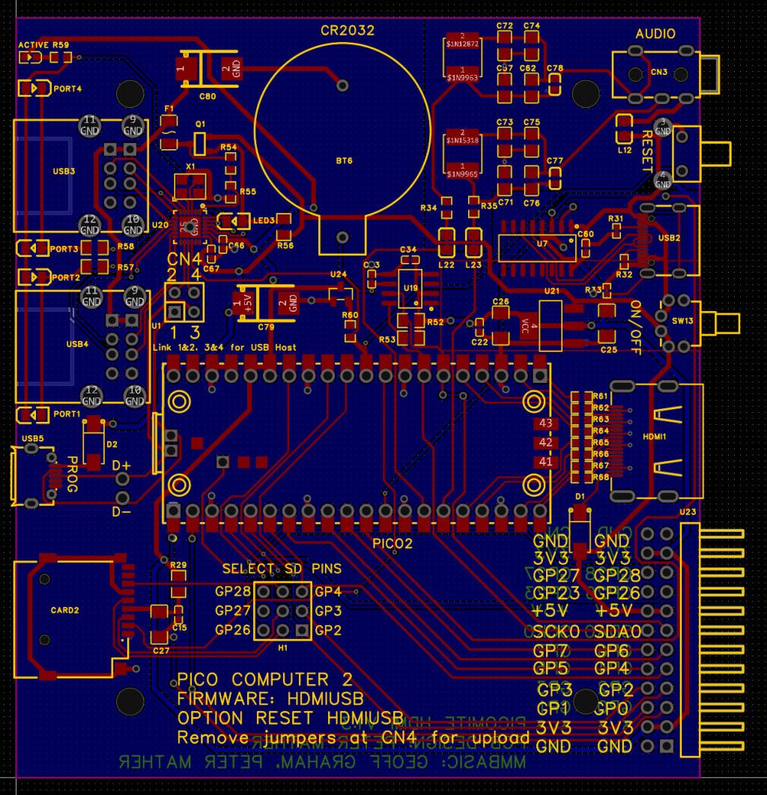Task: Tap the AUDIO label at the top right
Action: click(655, 34)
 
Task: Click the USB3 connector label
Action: click(64, 171)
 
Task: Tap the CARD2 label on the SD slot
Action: click(64, 610)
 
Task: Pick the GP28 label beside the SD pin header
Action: click(232, 592)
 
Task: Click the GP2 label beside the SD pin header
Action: click(328, 630)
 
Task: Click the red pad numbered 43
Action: click(545, 424)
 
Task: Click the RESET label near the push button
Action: click(647, 150)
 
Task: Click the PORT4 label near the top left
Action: click(67, 88)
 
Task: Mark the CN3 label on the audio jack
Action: click(658, 72)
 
